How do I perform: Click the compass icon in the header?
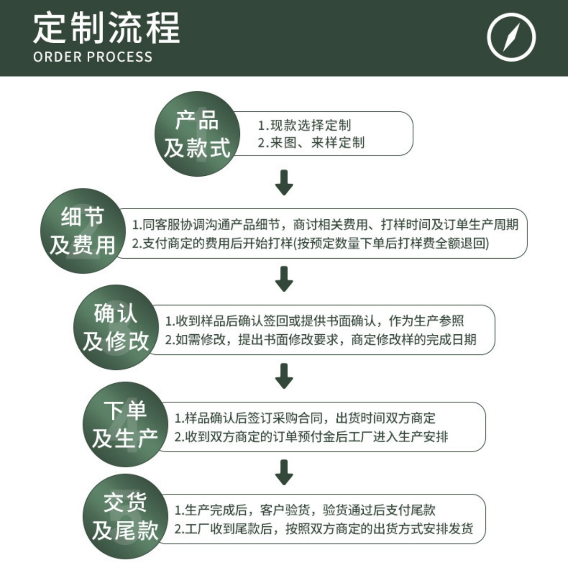point(511,37)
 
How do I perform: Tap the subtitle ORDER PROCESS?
point(92,57)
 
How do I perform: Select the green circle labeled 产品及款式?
point(197,134)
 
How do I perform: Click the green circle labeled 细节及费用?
point(83,231)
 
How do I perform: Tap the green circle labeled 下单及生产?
point(125,424)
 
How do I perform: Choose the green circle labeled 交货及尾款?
point(125,516)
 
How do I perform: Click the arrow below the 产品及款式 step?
point(284,182)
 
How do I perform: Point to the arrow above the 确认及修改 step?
point(284,278)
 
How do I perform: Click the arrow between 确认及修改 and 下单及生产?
point(284,376)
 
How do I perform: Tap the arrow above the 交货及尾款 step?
point(284,472)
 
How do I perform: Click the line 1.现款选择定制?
point(304,126)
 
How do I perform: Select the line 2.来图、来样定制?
point(311,143)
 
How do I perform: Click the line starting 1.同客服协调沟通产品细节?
point(325,225)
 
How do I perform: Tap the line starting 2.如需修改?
point(321,340)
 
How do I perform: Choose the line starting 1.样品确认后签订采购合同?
point(305,418)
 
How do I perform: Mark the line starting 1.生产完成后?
point(305,510)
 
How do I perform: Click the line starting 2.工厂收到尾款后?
point(324,529)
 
